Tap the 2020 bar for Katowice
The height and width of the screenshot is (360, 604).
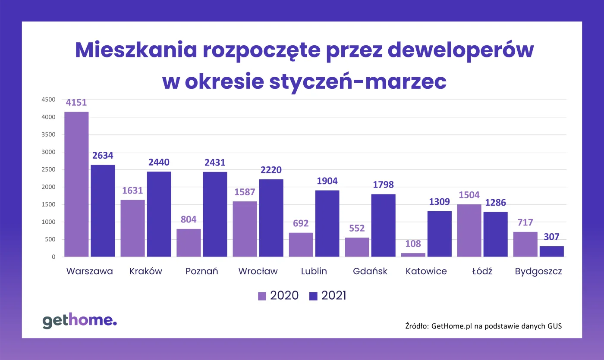coord(413,255)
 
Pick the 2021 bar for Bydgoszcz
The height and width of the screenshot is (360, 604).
coord(551,251)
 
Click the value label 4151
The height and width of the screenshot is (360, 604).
coord(76,103)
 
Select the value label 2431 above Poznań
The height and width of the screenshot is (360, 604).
coord(214,163)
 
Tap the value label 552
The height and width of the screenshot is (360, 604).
coord(357,229)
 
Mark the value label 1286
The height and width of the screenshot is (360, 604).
coord(495,203)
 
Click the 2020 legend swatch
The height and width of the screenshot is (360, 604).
coord(262,296)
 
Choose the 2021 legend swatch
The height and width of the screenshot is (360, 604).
coord(313,296)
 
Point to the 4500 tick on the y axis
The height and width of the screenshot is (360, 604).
coord(48,100)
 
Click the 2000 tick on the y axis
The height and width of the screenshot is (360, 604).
coord(48,187)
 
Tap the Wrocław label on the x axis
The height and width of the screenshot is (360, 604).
coord(258,271)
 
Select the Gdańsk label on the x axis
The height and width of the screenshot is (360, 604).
coord(370,271)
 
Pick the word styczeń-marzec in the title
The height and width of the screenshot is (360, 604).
coord(358,81)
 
